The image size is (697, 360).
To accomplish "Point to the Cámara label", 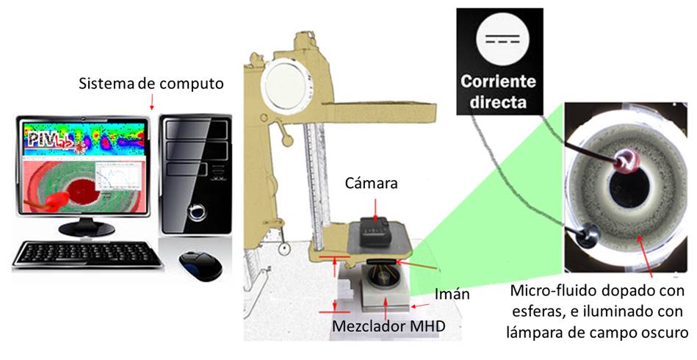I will [x=372, y=184].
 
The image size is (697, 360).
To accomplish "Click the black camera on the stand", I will [x=375, y=234].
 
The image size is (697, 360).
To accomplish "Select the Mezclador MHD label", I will [x=387, y=325].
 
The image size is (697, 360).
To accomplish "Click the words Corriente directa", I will [x=499, y=91].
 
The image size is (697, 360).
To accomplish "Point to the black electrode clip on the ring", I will [x=584, y=234].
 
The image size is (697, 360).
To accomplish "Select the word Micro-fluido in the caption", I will [x=546, y=292].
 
